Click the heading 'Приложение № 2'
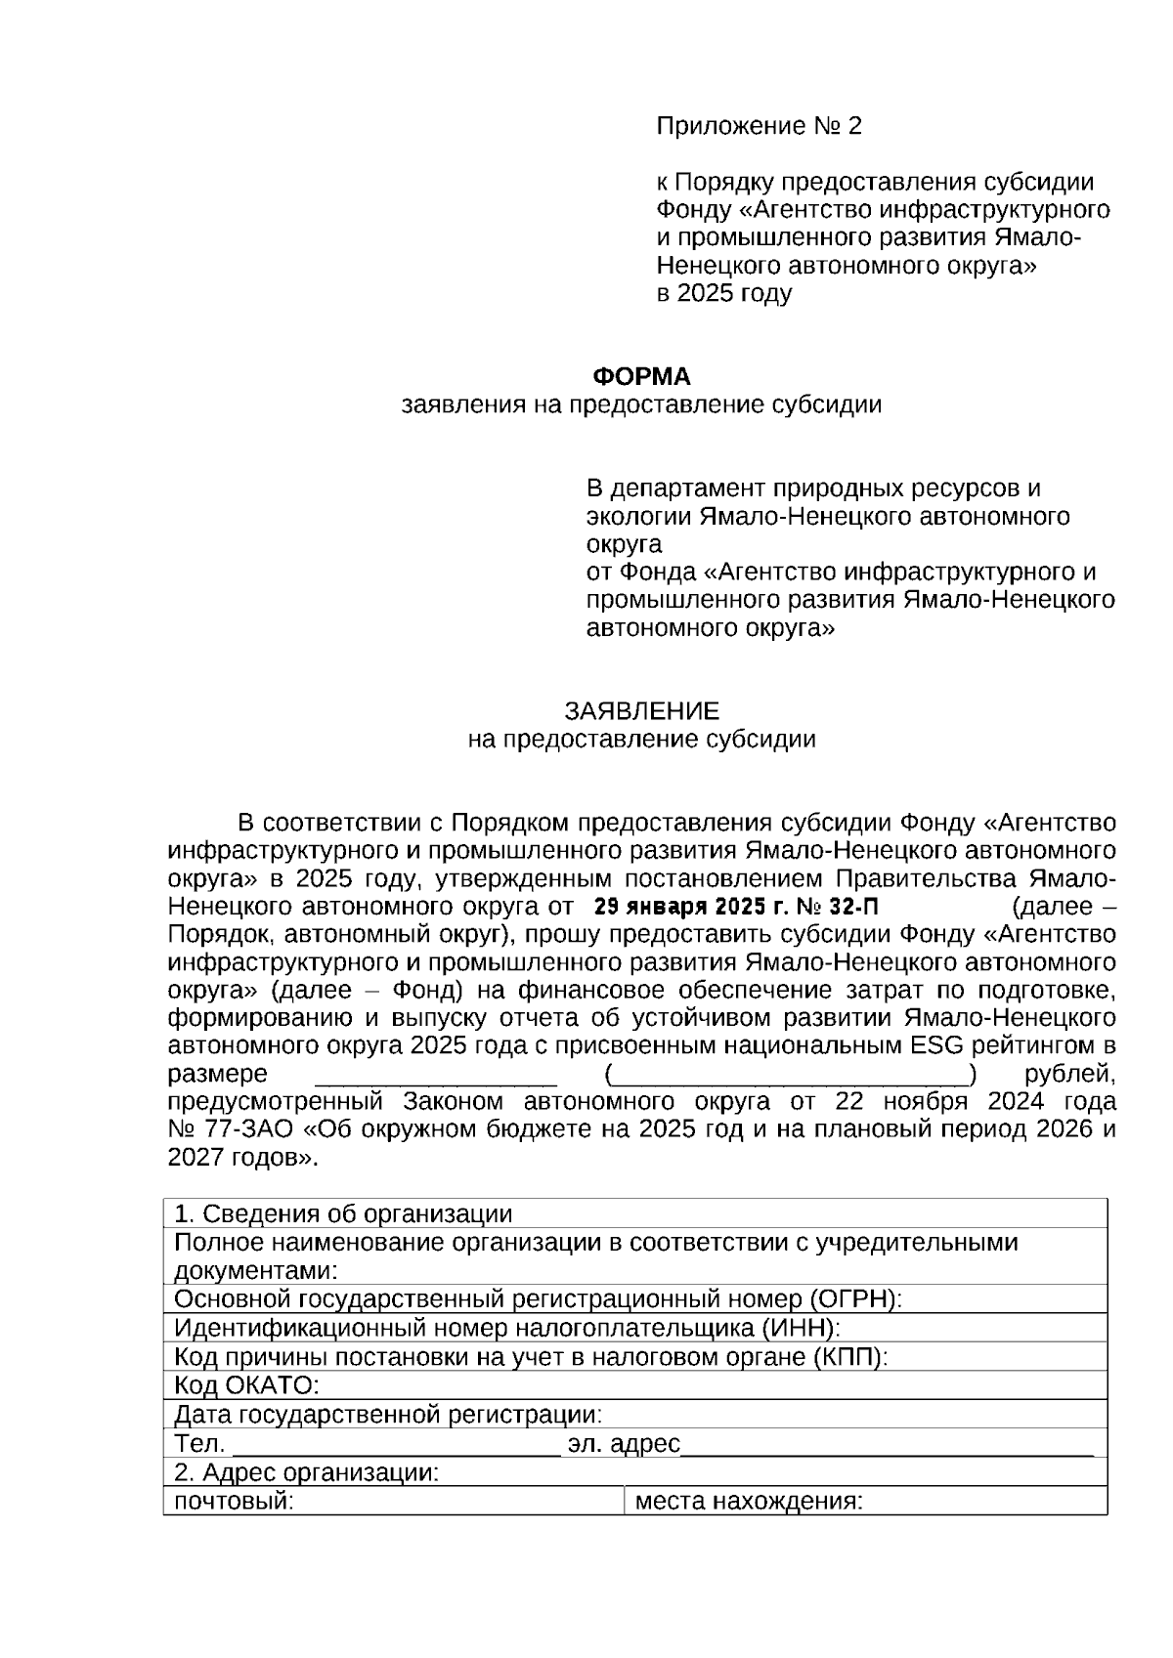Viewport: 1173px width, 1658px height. point(759,126)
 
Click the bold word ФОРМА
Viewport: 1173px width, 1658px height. point(642,376)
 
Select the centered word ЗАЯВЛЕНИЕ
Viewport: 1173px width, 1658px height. point(641,710)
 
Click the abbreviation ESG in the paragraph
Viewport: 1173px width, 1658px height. point(936,1045)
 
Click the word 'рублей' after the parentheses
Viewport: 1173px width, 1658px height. point(1068,1074)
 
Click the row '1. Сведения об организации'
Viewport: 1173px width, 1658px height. point(343,1213)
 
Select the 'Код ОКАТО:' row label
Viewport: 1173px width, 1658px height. point(247,1385)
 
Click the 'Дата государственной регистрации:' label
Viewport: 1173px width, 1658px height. point(388,1414)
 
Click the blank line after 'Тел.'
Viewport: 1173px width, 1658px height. point(396,1446)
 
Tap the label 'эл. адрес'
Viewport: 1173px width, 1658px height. point(624,1443)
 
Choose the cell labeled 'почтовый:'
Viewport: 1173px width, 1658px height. point(234,1501)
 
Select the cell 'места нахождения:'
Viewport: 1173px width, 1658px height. point(749,1501)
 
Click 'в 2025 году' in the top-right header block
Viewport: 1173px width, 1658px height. point(723,293)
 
